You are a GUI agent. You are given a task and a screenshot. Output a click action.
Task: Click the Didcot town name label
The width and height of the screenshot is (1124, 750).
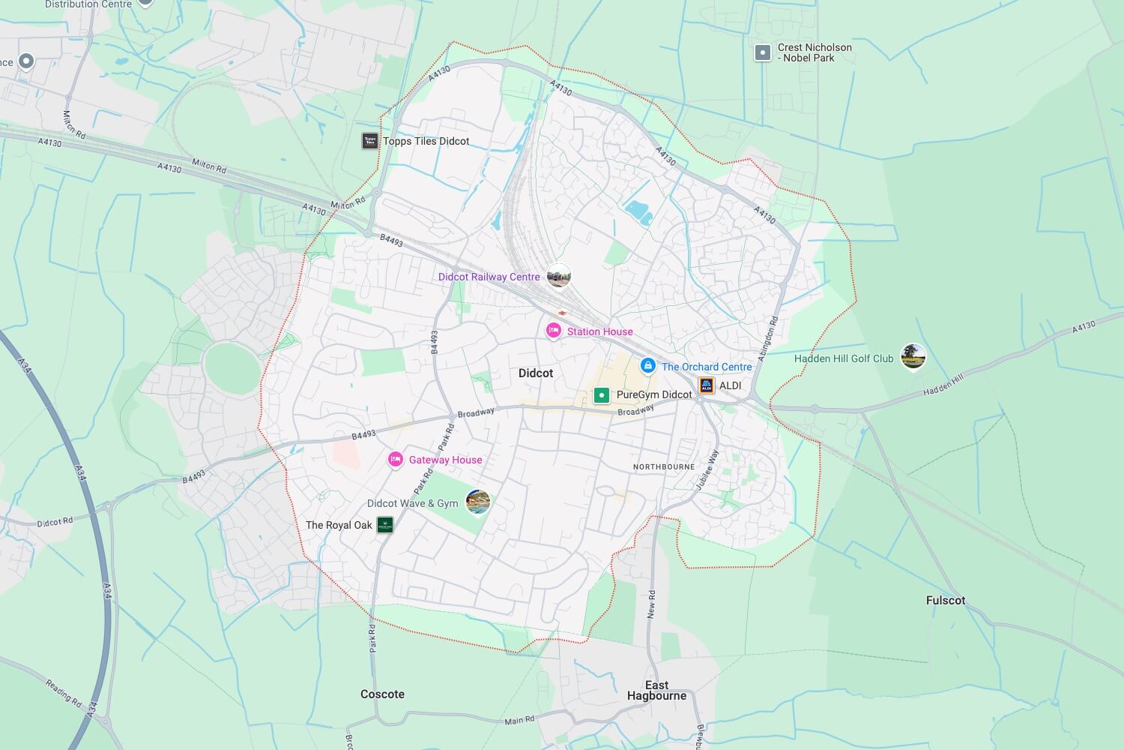[x=536, y=373]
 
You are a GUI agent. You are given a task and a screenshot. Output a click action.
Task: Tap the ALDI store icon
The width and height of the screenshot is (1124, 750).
[x=707, y=385]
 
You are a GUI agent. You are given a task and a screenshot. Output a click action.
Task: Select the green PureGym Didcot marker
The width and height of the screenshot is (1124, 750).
[x=601, y=394]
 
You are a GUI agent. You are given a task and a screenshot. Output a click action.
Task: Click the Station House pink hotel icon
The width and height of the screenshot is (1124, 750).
[x=554, y=331]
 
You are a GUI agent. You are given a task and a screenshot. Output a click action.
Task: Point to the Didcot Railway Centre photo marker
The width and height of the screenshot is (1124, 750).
[x=558, y=276]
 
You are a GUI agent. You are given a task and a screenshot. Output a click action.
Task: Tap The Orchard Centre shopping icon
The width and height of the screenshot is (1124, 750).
[x=648, y=366]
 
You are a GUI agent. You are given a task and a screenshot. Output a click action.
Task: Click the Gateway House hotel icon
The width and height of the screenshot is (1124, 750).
[x=396, y=460]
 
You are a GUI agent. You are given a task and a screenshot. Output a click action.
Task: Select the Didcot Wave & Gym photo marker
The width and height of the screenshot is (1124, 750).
[x=478, y=502]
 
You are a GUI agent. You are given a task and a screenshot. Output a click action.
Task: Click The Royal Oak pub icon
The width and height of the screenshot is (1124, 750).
[x=384, y=525]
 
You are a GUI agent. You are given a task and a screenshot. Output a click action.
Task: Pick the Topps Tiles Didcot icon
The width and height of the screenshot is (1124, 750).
[x=370, y=141]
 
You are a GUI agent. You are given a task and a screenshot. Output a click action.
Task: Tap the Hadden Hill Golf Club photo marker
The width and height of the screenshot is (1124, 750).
[x=913, y=356]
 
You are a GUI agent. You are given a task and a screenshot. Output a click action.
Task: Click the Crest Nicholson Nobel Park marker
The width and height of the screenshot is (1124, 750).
[x=763, y=52]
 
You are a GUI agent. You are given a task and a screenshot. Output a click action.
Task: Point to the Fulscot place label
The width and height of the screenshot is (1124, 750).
[x=946, y=600]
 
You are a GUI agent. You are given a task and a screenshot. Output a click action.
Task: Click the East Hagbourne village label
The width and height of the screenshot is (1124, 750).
[x=656, y=690]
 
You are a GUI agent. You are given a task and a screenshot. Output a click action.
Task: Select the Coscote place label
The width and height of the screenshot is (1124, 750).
[x=382, y=694]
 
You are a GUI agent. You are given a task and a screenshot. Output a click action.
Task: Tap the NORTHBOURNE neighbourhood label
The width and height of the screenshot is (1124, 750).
[x=664, y=466]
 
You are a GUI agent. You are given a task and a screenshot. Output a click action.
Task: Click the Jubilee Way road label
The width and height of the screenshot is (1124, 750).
[x=707, y=469]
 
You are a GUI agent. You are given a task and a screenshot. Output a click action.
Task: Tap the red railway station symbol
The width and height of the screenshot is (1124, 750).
[x=562, y=313]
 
